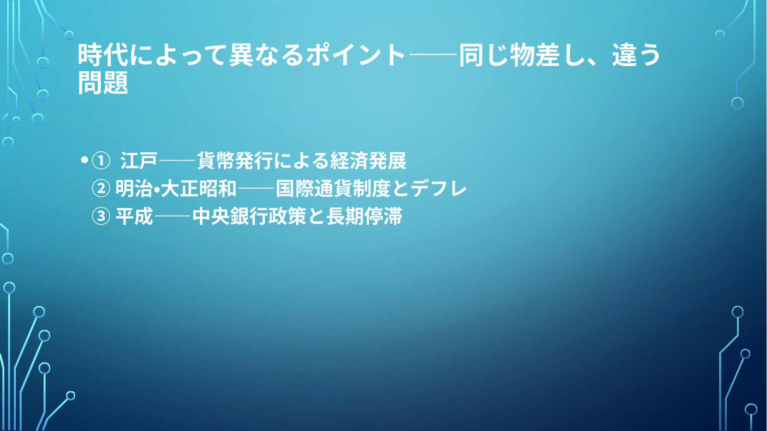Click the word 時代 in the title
[x=103, y=55]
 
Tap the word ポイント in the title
[x=356, y=55]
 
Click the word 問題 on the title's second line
[x=103, y=82]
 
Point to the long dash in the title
[x=433, y=54]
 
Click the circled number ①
[x=101, y=161]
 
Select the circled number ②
[x=101, y=189]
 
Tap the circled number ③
[x=101, y=216]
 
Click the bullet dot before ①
[x=84, y=160]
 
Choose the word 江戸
[x=139, y=160]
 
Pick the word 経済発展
[x=368, y=160]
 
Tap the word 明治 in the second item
[x=134, y=188]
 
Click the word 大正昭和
[x=199, y=188]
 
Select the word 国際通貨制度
[x=333, y=188]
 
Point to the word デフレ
[x=439, y=188]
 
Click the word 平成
[x=134, y=216]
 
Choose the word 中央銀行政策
[x=249, y=216]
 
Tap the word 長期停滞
[x=364, y=216]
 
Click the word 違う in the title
[x=636, y=55]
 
